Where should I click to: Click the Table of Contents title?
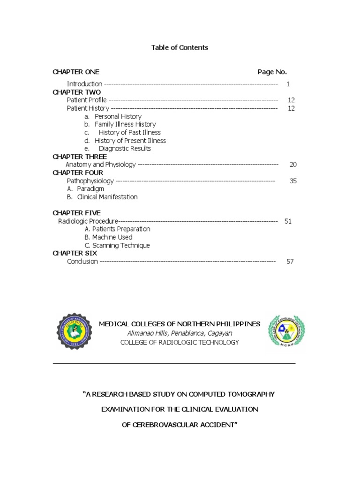coord(180,48)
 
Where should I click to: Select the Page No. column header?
coord(272,72)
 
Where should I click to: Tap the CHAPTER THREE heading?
coord(80,157)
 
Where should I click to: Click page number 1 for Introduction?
coord(288,84)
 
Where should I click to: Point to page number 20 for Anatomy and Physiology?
coord(293,165)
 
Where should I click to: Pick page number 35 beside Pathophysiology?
coord(293,181)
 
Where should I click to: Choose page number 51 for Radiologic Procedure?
coord(288,221)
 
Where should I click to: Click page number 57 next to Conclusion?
coord(290,262)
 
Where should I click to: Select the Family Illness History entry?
coord(125,124)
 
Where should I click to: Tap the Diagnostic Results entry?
coord(125,149)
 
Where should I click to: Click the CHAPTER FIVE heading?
coord(76,213)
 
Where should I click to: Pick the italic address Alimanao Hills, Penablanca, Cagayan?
coord(180,333)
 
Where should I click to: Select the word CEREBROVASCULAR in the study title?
coord(169,425)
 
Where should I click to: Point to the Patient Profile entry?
coord(87,100)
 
